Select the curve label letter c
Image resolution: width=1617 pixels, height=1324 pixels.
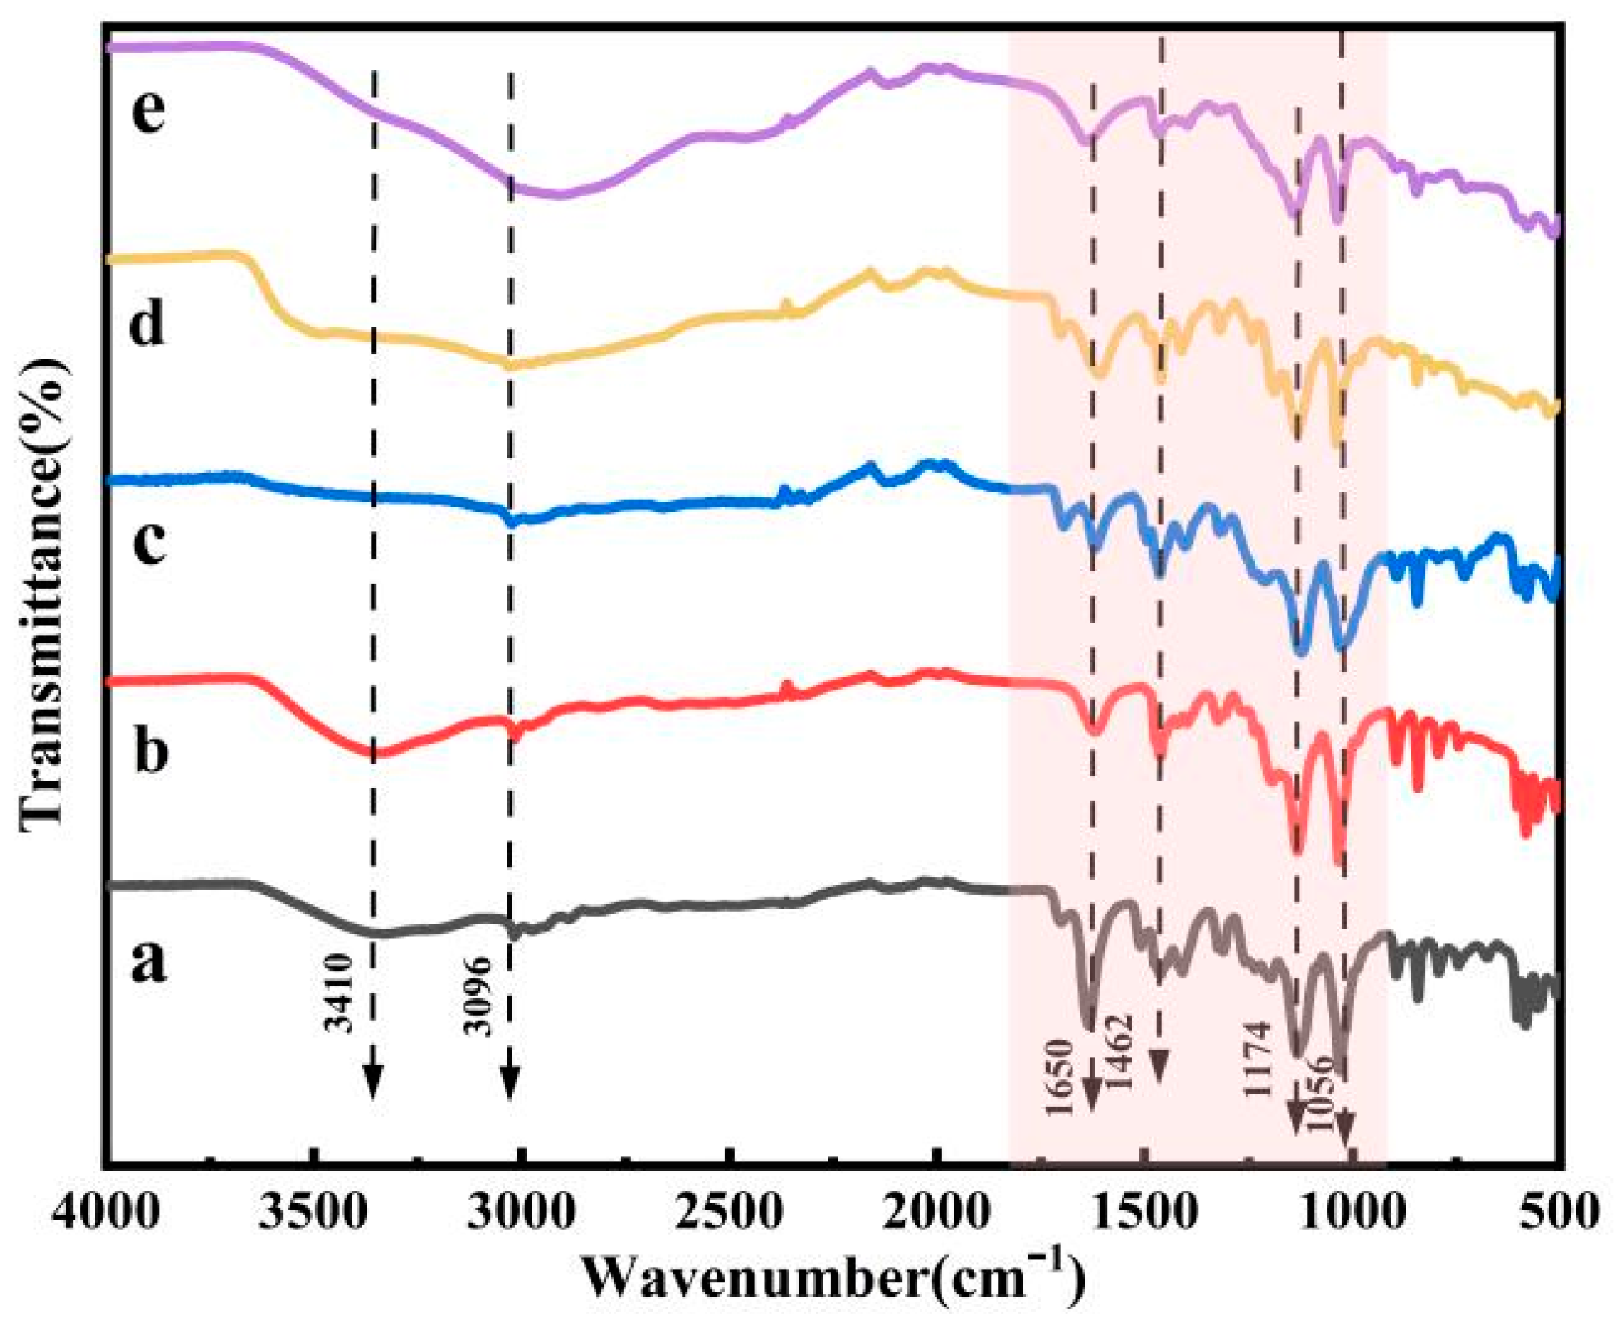[x=149, y=543]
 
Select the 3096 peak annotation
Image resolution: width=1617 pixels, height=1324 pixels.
[x=478, y=997]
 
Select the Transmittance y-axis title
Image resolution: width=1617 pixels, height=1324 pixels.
[x=42, y=593]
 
